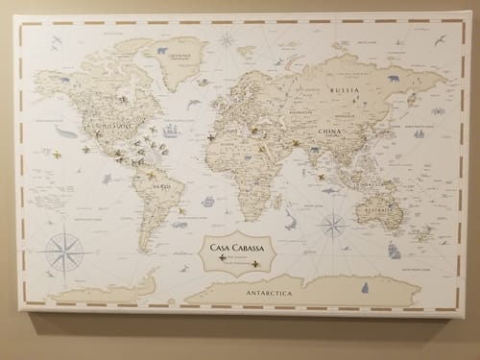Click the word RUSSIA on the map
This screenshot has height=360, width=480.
pyautogui.click(x=344, y=92)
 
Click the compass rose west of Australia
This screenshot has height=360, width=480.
pyautogui.click(x=333, y=227)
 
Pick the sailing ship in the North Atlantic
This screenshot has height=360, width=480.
pyautogui.click(x=172, y=129)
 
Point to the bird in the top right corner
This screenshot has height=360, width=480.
pyautogui.click(x=440, y=40)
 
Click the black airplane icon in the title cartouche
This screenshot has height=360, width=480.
pyautogui.click(x=224, y=258)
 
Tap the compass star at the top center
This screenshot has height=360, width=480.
pyautogui.click(x=227, y=40)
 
